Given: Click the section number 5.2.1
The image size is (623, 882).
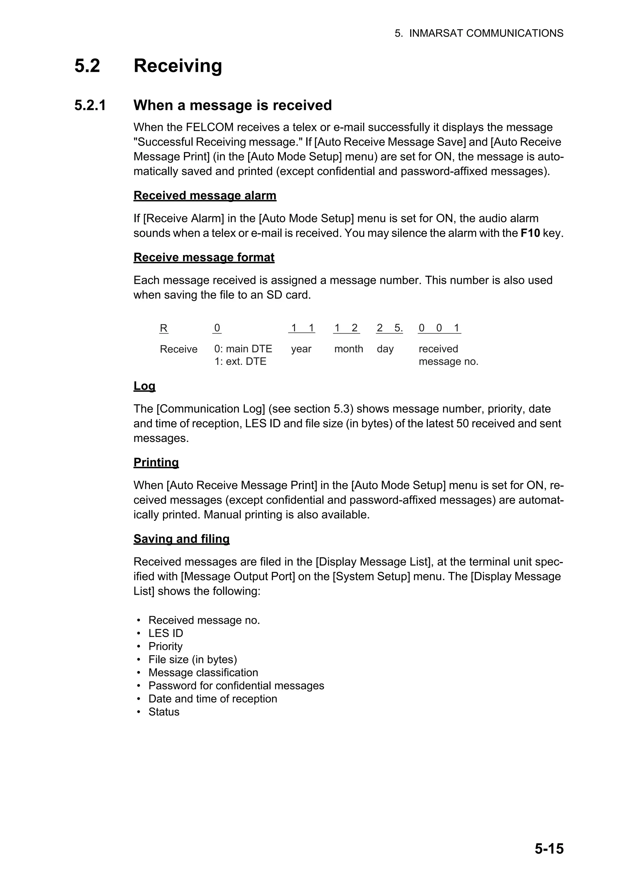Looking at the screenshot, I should pos(90,105).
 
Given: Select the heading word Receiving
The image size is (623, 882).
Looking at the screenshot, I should pos(178,66).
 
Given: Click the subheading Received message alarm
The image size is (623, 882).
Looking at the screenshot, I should pos(205,195).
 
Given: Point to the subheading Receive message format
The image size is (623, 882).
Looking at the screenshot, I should pos(204,257).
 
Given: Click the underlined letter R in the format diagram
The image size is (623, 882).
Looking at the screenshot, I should pos(164,328).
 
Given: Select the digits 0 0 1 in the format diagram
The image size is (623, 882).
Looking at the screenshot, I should pos(439,328).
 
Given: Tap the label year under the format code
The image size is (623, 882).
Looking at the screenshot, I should pos(301,349).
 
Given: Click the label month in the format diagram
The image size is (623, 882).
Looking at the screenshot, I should pos(349,349).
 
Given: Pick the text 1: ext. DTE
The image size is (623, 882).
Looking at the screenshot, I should pos(240,362).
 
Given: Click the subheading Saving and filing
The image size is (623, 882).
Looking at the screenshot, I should pos(181,539).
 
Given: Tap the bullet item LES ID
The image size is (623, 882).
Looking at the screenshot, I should pos(165,633).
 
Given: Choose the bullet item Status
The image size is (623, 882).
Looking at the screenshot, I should pos(164,712).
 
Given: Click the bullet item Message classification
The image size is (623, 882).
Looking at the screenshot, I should pos(203,673).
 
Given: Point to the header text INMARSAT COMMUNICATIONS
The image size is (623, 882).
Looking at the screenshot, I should pos(486,33).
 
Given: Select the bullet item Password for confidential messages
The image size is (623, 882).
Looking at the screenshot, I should pos(236,686).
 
